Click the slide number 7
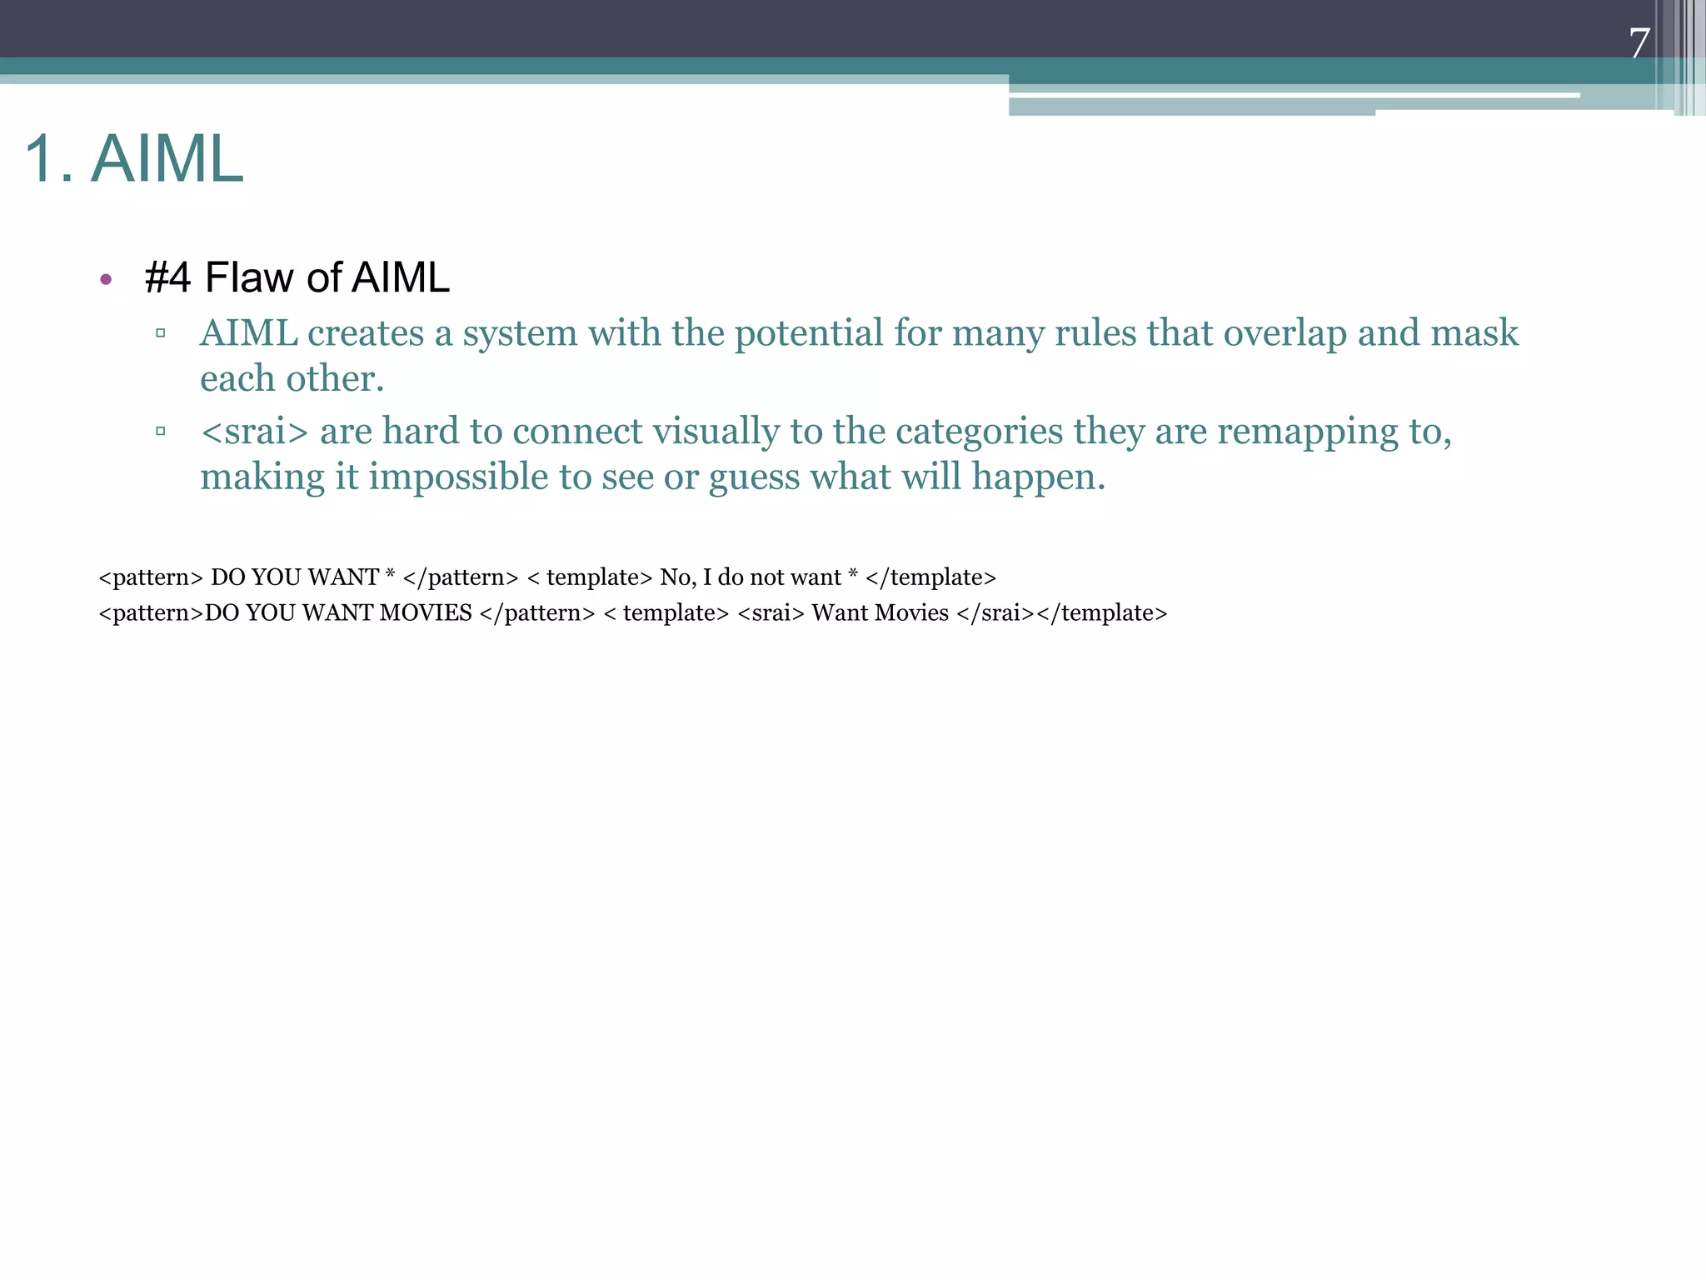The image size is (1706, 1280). [1639, 43]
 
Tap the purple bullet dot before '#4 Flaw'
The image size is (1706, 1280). [106, 279]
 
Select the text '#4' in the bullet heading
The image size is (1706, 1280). [167, 277]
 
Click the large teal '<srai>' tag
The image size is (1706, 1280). [254, 432]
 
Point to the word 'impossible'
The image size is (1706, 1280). [458, 477]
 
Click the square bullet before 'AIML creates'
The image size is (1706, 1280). [160, 333]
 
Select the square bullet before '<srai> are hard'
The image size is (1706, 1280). [160, 431]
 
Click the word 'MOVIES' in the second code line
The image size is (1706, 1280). [426, 613]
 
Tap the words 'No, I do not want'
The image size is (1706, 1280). [751, 577]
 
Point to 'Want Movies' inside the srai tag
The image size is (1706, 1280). [880, 613]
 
